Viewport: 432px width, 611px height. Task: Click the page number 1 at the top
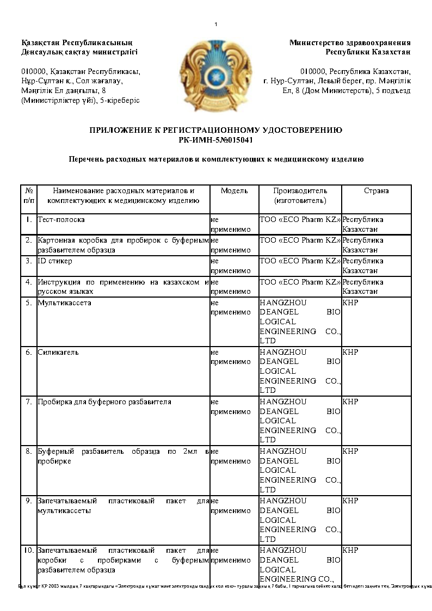pos(216,24)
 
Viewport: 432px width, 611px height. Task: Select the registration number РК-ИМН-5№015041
pos(215,140)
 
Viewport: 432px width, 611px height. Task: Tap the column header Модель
pos(234,191)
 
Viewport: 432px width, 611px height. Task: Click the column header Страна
pos(376,191)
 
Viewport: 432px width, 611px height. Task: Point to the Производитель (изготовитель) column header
pos(300,196)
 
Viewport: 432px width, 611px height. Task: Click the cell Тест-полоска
pos(61,220)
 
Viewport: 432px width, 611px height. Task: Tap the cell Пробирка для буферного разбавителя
pos(104,402)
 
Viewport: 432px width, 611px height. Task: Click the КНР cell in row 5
pos(350,303)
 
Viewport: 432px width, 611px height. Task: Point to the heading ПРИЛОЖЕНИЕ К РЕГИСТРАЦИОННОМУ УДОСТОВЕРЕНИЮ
pos(215,131)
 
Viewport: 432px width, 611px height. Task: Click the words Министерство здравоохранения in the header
pos(350,42)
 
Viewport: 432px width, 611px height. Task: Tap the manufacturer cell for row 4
pos(300,282)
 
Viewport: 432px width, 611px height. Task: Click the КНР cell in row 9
pos(350,501)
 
